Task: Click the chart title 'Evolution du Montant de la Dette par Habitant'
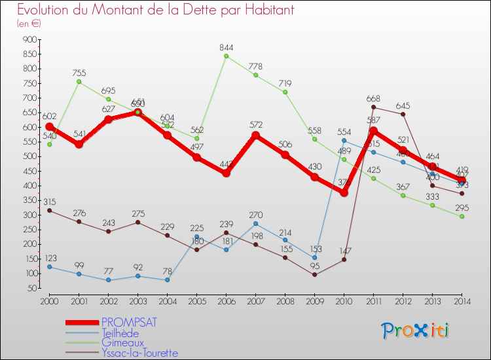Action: [x=156, y=10]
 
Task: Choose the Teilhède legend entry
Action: [x=120, y=333]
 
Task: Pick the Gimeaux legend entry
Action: [x=120, y=343]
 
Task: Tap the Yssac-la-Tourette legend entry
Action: [x=139, y=353]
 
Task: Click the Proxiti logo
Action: [x=416, y=331]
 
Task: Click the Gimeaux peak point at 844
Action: [x=227, y=56]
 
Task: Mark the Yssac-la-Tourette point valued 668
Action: [x=373, y=107]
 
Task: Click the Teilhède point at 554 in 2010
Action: [x=344, y=141]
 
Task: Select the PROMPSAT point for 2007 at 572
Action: [x=256, y=135]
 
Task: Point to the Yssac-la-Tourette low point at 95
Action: [x=315, y=275]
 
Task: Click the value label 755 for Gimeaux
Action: [x=79, y=73]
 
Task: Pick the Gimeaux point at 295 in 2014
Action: [x=462, y=217]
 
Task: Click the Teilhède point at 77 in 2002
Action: [x=108, y=280]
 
